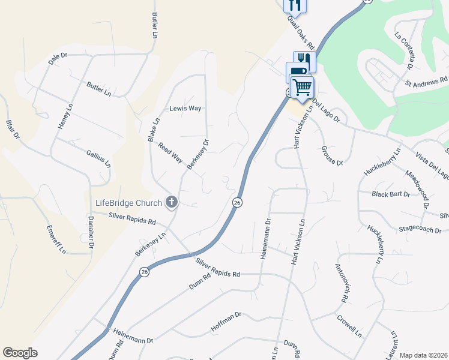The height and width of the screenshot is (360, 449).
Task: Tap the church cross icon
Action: coord(172,202)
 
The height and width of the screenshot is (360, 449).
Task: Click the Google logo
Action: coord(20,353)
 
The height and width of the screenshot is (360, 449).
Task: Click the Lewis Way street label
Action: coord(185,109)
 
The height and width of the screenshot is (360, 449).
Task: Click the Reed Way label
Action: coord(170,153)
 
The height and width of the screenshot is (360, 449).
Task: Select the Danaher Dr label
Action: coord(91,232)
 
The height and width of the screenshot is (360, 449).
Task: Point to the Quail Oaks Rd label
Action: coord(301,32)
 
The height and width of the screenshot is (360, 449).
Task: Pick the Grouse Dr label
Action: coord(331,155)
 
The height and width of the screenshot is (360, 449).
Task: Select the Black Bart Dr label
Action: coord(391,194)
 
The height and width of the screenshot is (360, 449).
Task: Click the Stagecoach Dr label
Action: coord(421,230)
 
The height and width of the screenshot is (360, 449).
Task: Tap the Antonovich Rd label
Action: coord(342,283)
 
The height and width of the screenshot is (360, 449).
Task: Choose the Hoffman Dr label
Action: coord(226,322)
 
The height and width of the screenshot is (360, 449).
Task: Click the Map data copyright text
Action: coord(424,355)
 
